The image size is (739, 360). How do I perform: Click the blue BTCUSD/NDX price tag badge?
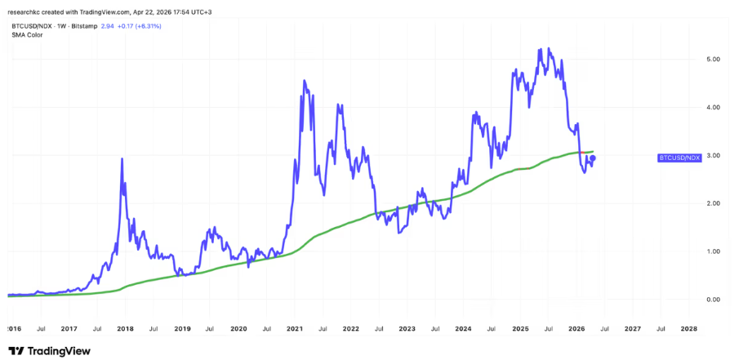point(679,157)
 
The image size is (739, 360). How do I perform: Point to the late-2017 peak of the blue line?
point(122,159)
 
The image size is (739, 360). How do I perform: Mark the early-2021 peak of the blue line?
point(305,81)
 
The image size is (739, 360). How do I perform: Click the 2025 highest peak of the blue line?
point(540,49)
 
